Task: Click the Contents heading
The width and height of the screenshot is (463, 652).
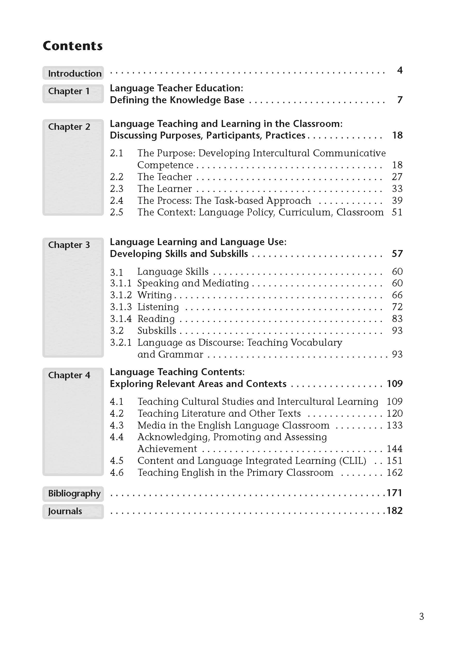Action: pyautogui.click(x=72, y=46)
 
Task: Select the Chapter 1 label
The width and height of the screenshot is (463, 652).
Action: pyautogui.click(x=69, y=91)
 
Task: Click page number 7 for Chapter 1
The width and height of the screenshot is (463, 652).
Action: pyautogui.click(x=400, y=100)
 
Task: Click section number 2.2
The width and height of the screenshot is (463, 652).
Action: pyautogui.click(x=116, y=177)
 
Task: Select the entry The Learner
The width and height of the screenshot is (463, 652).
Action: pyautogui.click(x=165, y=189)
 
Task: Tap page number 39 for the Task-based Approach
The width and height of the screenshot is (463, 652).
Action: pyautogui.click(x=397, y=200)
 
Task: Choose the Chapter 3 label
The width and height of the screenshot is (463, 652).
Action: pyautogui.click(x=69, y=245)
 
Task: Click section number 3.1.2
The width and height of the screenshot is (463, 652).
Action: pyautogui.click(x=121, y=295)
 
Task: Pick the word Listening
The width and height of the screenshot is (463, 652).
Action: pyautogui.click(x=158, y=307)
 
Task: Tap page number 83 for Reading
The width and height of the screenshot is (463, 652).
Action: pyautogui.click(x=397, y=319)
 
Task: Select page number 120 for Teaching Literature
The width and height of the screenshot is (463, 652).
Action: pyautogui.click(x=394, y=413)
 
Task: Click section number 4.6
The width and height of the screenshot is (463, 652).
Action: pyautogui.click(x=116, y=473)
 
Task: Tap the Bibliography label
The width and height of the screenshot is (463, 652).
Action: pyautogui.click(x=74, y=493)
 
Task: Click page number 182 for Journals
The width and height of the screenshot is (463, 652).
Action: pyautogui.click(x=394, y=511)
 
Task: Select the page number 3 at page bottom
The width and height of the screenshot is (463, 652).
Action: pyautogui.click(x=421, y=617)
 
